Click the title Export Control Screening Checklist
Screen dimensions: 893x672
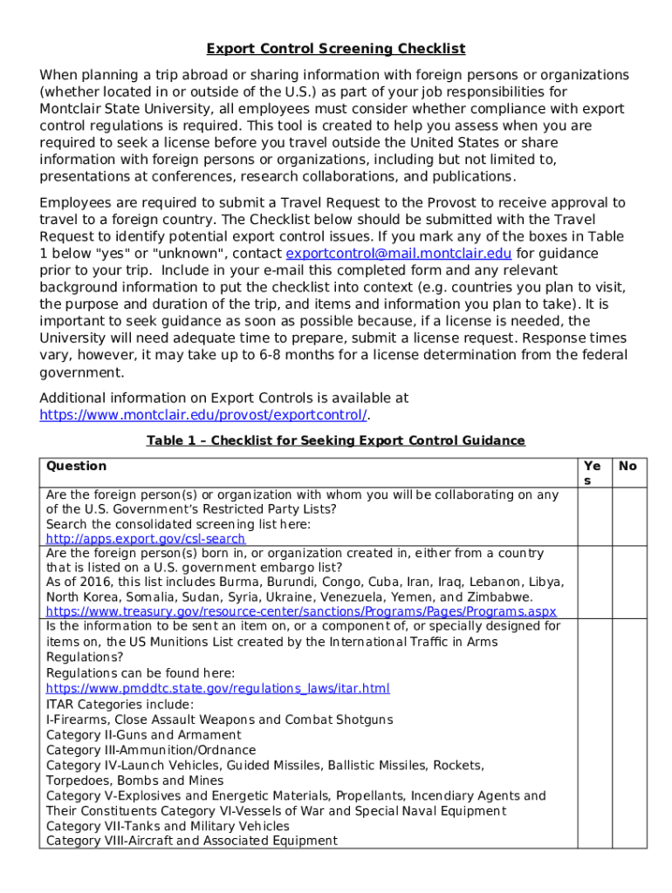point(336,49)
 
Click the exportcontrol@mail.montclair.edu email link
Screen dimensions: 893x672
point(399,254)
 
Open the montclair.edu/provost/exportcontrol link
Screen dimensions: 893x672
point(202,415)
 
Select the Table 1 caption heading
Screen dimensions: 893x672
point(336,440)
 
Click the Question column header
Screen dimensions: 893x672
point(76,467)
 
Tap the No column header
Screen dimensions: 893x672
point(627,467)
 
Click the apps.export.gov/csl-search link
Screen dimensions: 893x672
point(145,539)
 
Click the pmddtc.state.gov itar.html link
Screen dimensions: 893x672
point(217,689)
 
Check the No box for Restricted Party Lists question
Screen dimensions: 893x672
point(628,516)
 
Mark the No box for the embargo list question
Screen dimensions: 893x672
point(628,583)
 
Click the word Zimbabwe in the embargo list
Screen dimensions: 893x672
point(500,597)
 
